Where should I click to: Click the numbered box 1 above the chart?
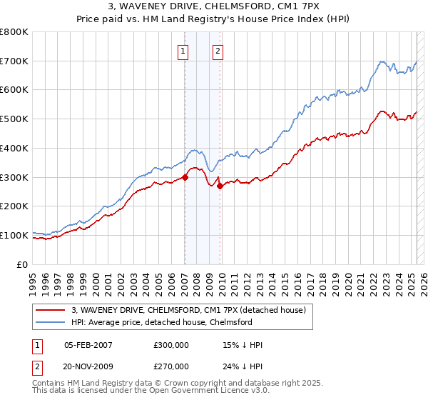[184, 51]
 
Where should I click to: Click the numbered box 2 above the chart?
[217, 51]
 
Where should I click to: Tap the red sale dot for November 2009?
[220, 186]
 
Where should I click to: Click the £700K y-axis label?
[15, 61]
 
